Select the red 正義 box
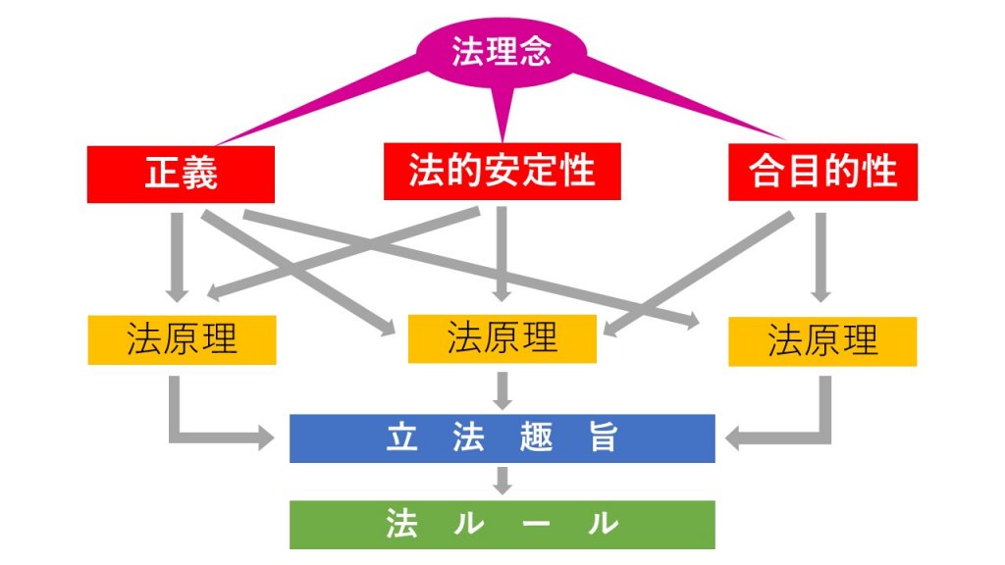click(181, 173)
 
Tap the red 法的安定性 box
click(502, 171)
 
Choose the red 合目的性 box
click(823, 171)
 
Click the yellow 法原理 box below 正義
click(181, 340)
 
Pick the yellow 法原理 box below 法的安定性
click(502, 338)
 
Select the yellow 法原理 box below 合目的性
click(822, 341)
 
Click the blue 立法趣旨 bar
click(502, 438)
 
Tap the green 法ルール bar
click(502, 525)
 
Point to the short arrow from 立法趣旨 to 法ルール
click(502, 481)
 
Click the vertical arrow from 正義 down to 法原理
click(178, 255)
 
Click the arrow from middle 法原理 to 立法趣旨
click(502, 389)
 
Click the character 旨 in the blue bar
click(603, 438)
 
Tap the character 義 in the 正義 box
click(202, 174)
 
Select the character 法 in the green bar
click(400, 525)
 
